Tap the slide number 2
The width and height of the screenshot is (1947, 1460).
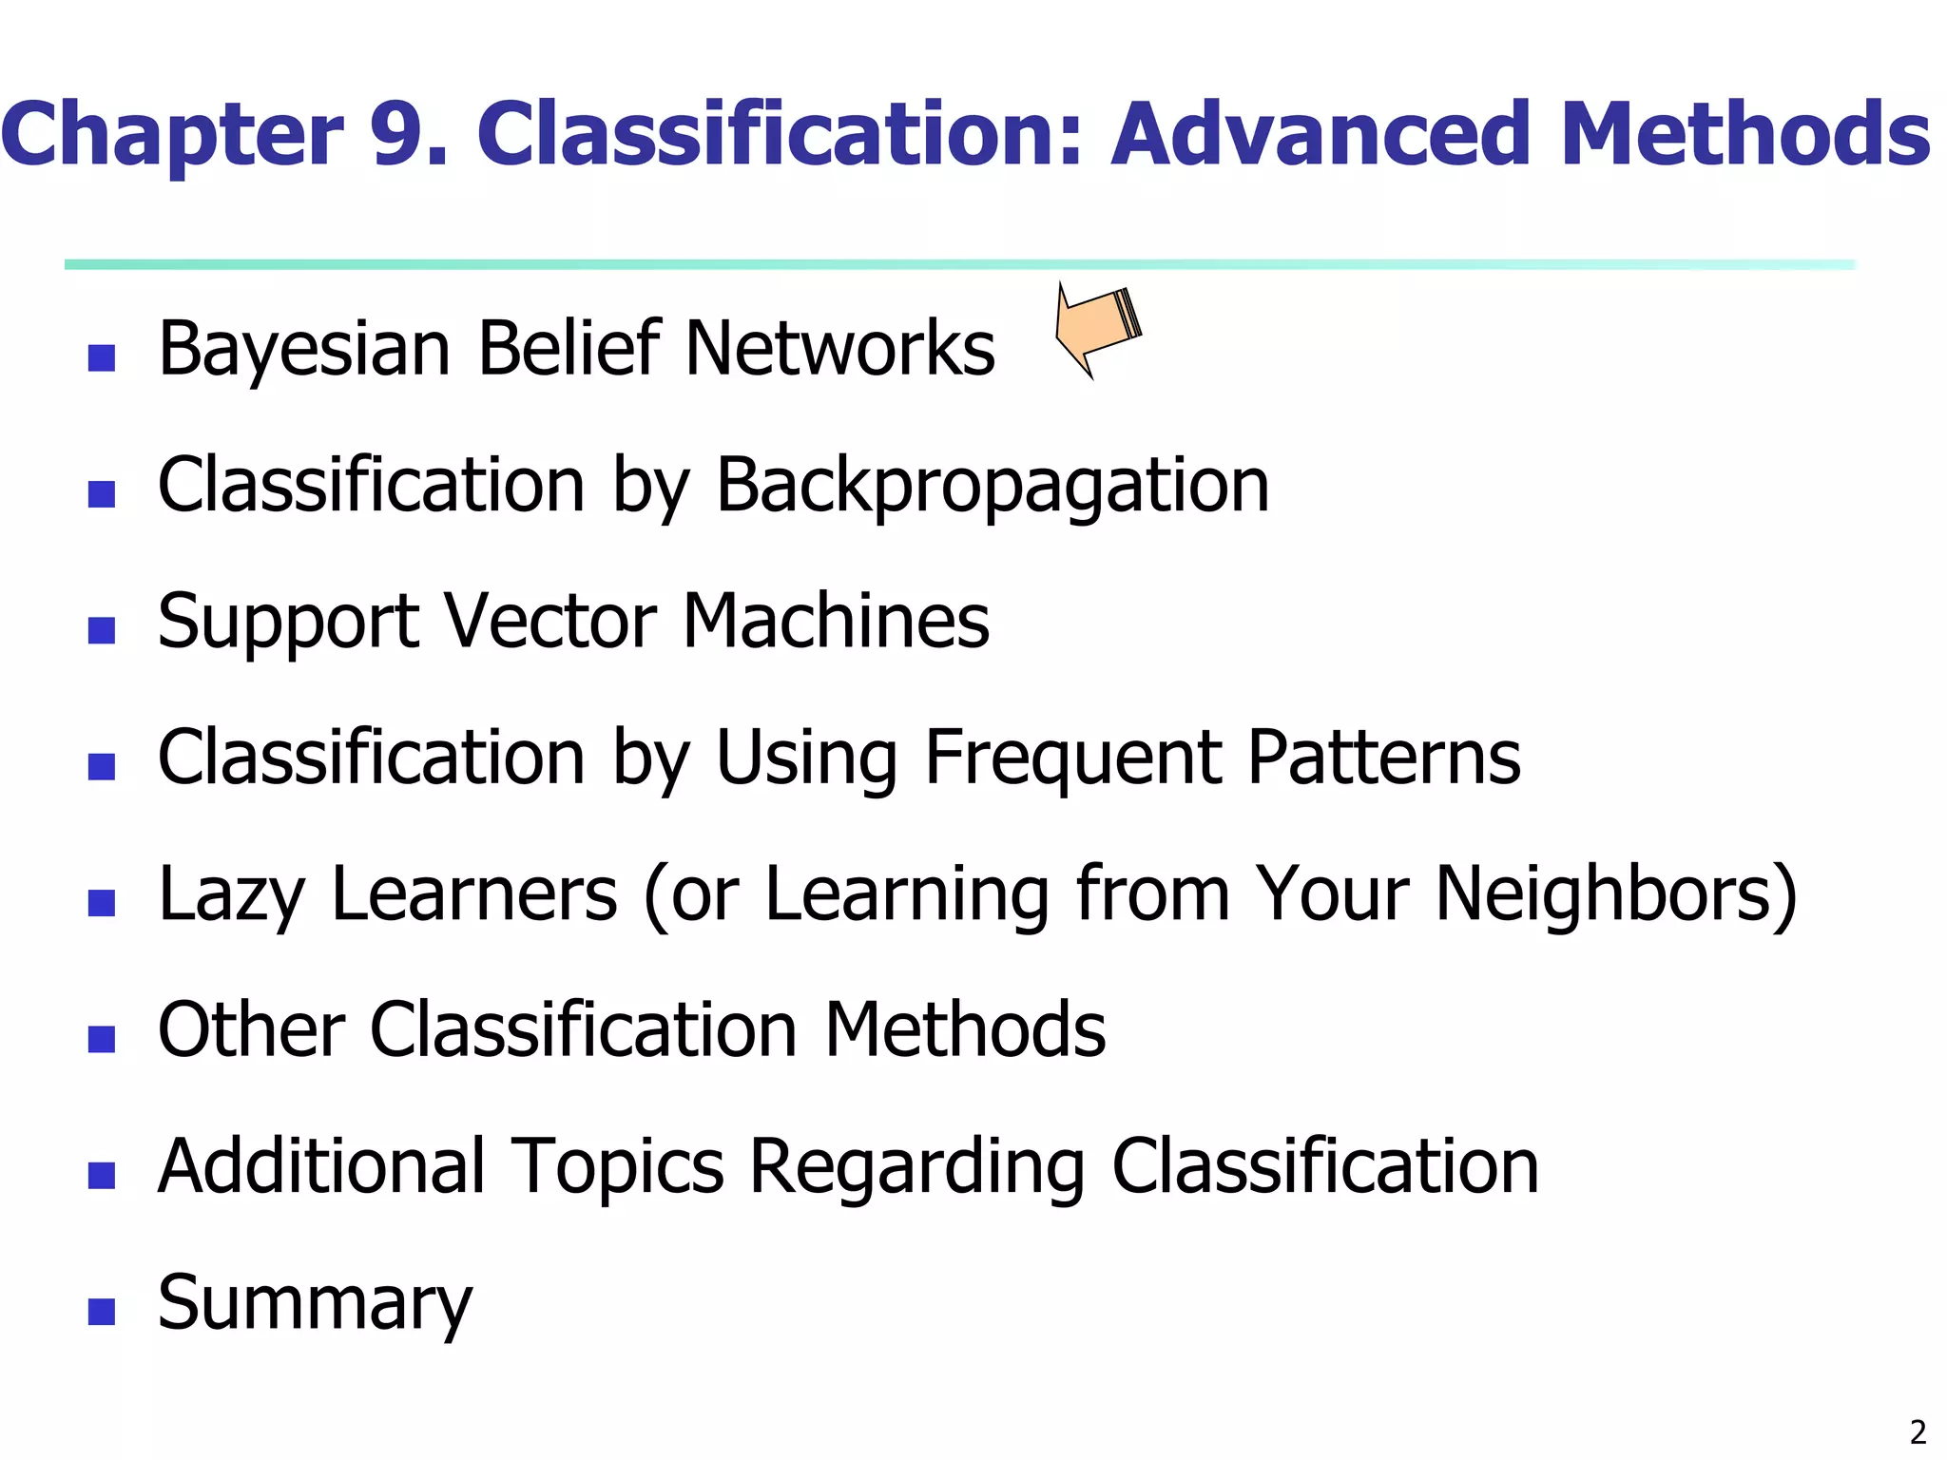tap(1918, 1431)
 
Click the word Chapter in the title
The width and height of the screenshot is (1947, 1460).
tap(172, 135)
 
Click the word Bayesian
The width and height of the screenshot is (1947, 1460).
tap(304, 350)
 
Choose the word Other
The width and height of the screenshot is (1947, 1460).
tap(251, 1029)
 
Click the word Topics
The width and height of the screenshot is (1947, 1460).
tap(618, 1167)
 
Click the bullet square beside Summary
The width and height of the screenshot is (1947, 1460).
tap(101, 1312)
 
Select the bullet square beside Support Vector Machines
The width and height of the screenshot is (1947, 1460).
tap(101, 630)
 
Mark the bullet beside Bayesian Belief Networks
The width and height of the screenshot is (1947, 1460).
tap(101, 357)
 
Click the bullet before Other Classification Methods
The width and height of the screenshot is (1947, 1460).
tap(101, 1039)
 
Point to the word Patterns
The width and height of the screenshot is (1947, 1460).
tap(1383, 758)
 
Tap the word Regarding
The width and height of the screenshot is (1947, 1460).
tap(916, 1167)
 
